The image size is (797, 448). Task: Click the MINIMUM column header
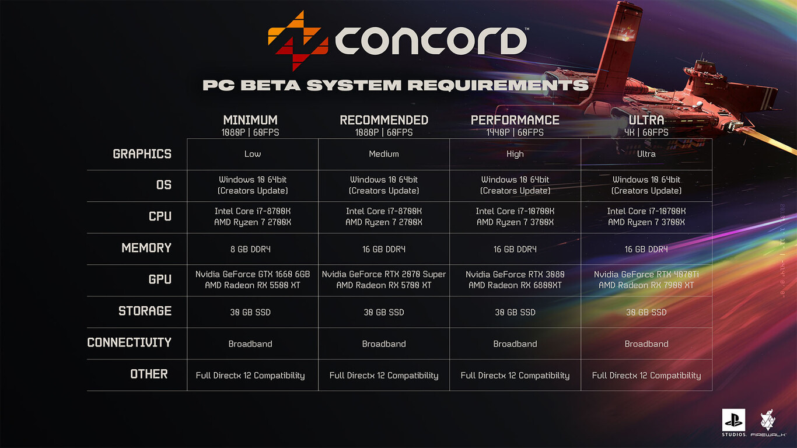(250, 120)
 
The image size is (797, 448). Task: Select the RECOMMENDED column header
(384, 120)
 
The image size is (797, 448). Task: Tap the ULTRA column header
(646, 120)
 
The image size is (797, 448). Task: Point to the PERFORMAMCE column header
(515, 120)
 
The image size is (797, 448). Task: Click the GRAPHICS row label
(142, 154)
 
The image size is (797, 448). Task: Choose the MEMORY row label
(146, 248)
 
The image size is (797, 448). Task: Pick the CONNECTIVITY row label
(129, 342)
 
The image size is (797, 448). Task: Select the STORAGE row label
(145, 311)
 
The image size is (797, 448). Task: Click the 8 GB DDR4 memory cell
(250, 249)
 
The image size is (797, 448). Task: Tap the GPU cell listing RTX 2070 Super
(384, 279)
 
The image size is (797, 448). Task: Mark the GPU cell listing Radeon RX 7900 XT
(646, 280)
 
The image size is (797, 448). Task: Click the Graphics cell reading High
(515, 154)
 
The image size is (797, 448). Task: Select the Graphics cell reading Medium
(384, 154)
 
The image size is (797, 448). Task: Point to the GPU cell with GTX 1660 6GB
(253, 279)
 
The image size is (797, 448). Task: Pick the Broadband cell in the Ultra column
(646, 344)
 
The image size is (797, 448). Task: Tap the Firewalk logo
(767, 423)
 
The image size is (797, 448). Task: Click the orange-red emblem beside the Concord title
(295, 40)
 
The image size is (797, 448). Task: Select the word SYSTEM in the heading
(354, 85)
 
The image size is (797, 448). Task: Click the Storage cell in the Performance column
(515, 312)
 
